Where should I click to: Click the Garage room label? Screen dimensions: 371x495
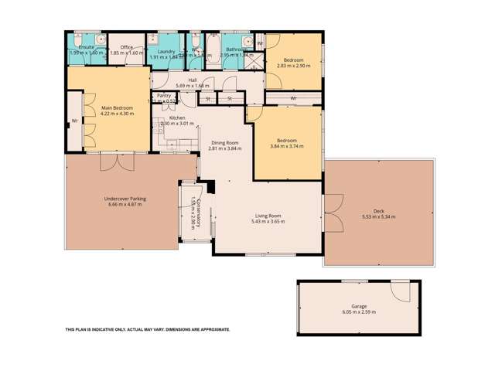point(359,306)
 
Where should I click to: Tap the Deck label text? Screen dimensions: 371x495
point(378,211)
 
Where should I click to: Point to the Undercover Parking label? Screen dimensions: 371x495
point(125,199)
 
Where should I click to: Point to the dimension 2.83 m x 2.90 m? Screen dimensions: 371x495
point(293,66)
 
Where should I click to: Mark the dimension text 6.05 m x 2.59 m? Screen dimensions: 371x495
point(359,312)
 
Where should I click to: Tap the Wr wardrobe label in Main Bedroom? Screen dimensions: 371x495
point(75,121)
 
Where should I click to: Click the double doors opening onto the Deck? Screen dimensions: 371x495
point(333,206)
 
